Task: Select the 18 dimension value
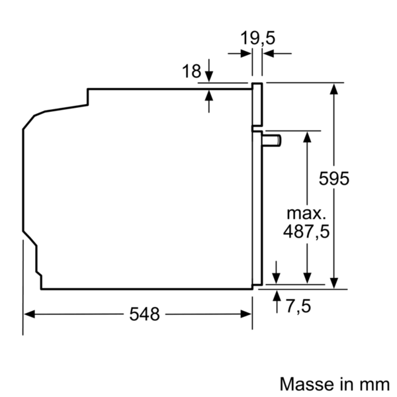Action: pos(191,71)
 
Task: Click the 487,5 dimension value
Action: pos(306,232)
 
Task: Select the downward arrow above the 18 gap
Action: pos(209,77)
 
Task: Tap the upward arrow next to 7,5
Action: pos(276,294)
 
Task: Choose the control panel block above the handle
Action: pos(257,106)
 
